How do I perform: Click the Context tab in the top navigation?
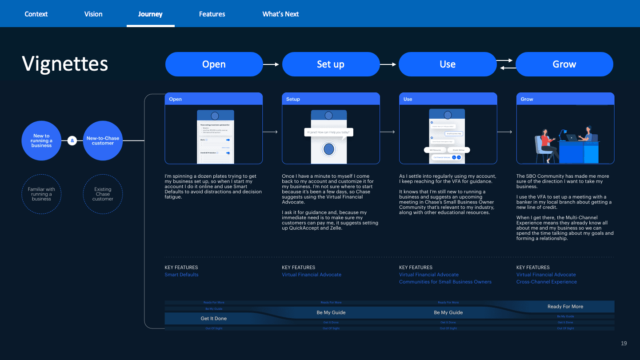[x=36, y=14]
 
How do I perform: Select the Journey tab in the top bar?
[x=150, y=14]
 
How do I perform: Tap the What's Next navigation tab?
[x=280, y=14]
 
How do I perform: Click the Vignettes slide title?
[x=65, y=64]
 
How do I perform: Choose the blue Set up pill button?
[x=331, y=64]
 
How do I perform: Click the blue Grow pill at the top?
[x=564, y=64]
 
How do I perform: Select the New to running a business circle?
[x=41, y=140]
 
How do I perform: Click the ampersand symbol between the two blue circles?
[x=72, y=141]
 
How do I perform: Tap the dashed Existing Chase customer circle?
[x=103, y=194]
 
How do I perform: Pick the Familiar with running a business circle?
[x=41, y=194]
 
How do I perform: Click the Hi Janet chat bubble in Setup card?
[x=328, y=132]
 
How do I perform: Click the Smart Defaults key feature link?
[x=181, y=275]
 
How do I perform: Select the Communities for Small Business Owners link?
[x=445, y=282]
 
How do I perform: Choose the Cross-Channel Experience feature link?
[x=546, y=282]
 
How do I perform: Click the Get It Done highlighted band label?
[x=214, y=318]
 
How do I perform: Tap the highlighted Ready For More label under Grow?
[x=565, y=306]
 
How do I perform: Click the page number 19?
[x=624, y=343]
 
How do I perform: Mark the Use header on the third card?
[x=408, y=99]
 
